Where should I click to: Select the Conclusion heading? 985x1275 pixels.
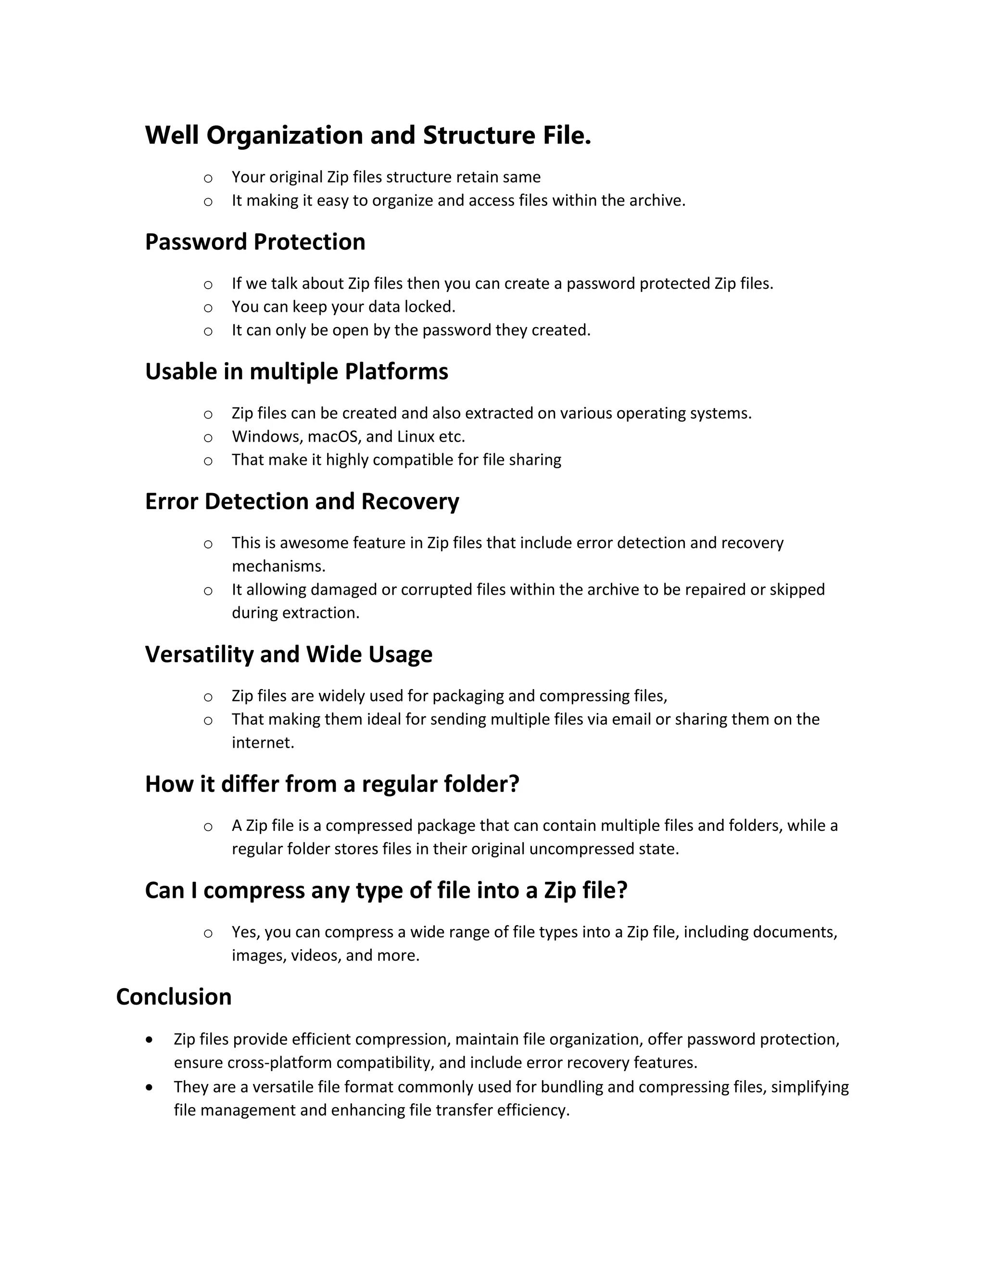[174, 996]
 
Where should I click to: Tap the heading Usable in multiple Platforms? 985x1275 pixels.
[296, 372]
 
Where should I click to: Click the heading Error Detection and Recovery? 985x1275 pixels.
[302, 501]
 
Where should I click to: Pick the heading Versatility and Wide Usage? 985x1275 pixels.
[288, 654]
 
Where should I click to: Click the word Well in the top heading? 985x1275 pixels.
[172, 136]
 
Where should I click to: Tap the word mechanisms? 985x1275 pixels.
[278, 566]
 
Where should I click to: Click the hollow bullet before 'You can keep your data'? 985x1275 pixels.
[208, 307]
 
